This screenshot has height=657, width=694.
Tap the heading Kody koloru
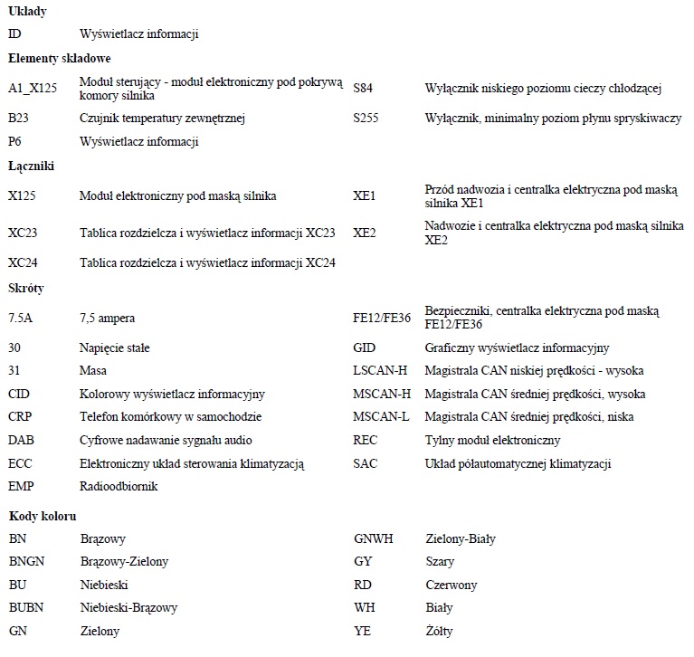42,516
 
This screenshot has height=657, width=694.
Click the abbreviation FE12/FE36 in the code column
382,319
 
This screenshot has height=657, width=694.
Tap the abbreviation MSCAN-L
381,417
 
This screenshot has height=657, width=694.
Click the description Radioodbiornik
119,487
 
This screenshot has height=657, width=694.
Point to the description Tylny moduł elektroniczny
492,441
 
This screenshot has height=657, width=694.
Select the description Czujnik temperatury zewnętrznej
163,119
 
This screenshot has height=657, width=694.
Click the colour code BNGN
24,562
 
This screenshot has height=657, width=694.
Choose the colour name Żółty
439,631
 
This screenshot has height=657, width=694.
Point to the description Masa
93,371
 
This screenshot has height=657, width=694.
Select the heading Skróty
26,289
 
